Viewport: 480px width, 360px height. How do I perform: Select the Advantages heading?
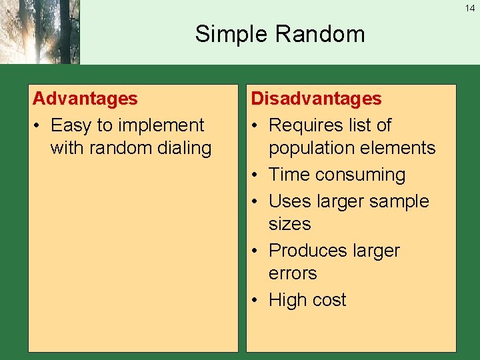[x=85, y=99]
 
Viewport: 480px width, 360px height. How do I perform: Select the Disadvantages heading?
[x=316, y=99]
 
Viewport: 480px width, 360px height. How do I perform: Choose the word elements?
[x=401, y=148]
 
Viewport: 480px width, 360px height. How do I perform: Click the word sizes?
[x=289, y=224]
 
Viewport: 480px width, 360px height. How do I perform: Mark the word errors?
[x=293, y=273]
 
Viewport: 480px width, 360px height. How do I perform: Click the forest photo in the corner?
[x=39, y=32]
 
